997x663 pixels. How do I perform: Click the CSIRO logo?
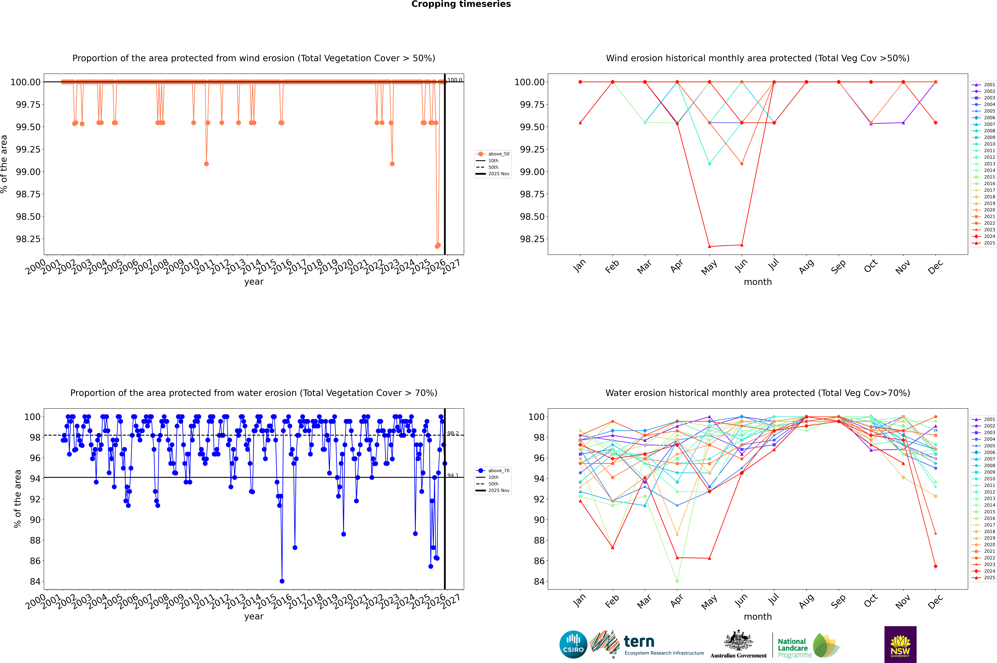[573, 644]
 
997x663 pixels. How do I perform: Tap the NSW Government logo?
[900, 644]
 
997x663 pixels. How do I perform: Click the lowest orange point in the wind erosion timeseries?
[437, 246]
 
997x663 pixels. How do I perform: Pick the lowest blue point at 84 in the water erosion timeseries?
[282, 581]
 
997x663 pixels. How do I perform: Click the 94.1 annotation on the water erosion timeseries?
[453, 475]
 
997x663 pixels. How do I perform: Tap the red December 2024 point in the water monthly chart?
[935, 566]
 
